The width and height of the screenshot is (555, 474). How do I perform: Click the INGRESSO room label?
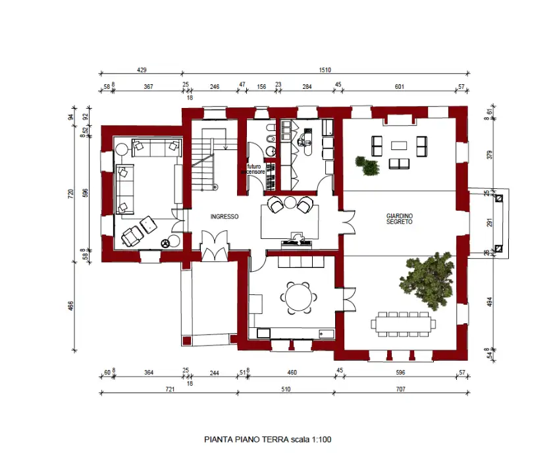pyautogui.click(x=224, y=217)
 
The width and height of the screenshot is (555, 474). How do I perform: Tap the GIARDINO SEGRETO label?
pyautogui.click(x=399, y=219)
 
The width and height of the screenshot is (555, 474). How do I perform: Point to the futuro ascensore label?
pyautogui.click(x=252, y=169)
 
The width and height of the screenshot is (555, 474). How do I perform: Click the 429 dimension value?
pyautogui.click(x=141, y=69)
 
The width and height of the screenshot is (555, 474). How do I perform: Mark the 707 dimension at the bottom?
pyautogui.click(x=400, y=389)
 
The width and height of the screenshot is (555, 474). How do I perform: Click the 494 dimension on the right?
pyautogui.click(x=489, y=301)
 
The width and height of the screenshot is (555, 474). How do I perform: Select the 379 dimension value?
pyautogui.click(x=489, y=155)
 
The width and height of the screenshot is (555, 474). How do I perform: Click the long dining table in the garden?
pyautogui.click(x=403, y=323)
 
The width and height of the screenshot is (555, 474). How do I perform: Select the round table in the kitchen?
pyautogui.click(x=299, y=296)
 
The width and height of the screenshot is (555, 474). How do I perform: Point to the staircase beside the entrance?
pyautogui.click(x=206, y=161)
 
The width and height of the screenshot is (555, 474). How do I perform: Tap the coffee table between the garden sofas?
pyautogui.click(x=399, y=145)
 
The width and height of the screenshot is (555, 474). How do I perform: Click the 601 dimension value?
pyautogui.click(x=399, y=86)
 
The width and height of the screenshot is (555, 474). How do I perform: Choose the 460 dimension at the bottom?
pyautogui.click(x=292, y=373)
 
